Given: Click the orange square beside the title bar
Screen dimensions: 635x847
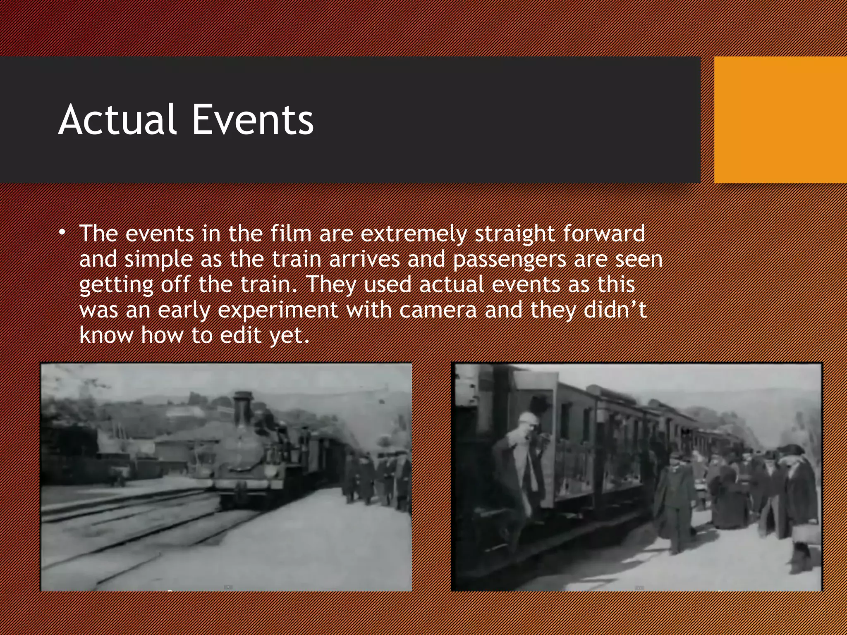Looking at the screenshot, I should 780,120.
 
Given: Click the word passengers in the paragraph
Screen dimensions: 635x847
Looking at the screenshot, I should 509,260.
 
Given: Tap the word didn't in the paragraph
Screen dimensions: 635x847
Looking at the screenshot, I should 615,310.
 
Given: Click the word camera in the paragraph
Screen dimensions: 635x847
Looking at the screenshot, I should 438,310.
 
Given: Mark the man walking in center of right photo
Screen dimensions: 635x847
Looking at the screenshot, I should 674,504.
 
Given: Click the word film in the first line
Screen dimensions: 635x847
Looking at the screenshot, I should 291,234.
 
